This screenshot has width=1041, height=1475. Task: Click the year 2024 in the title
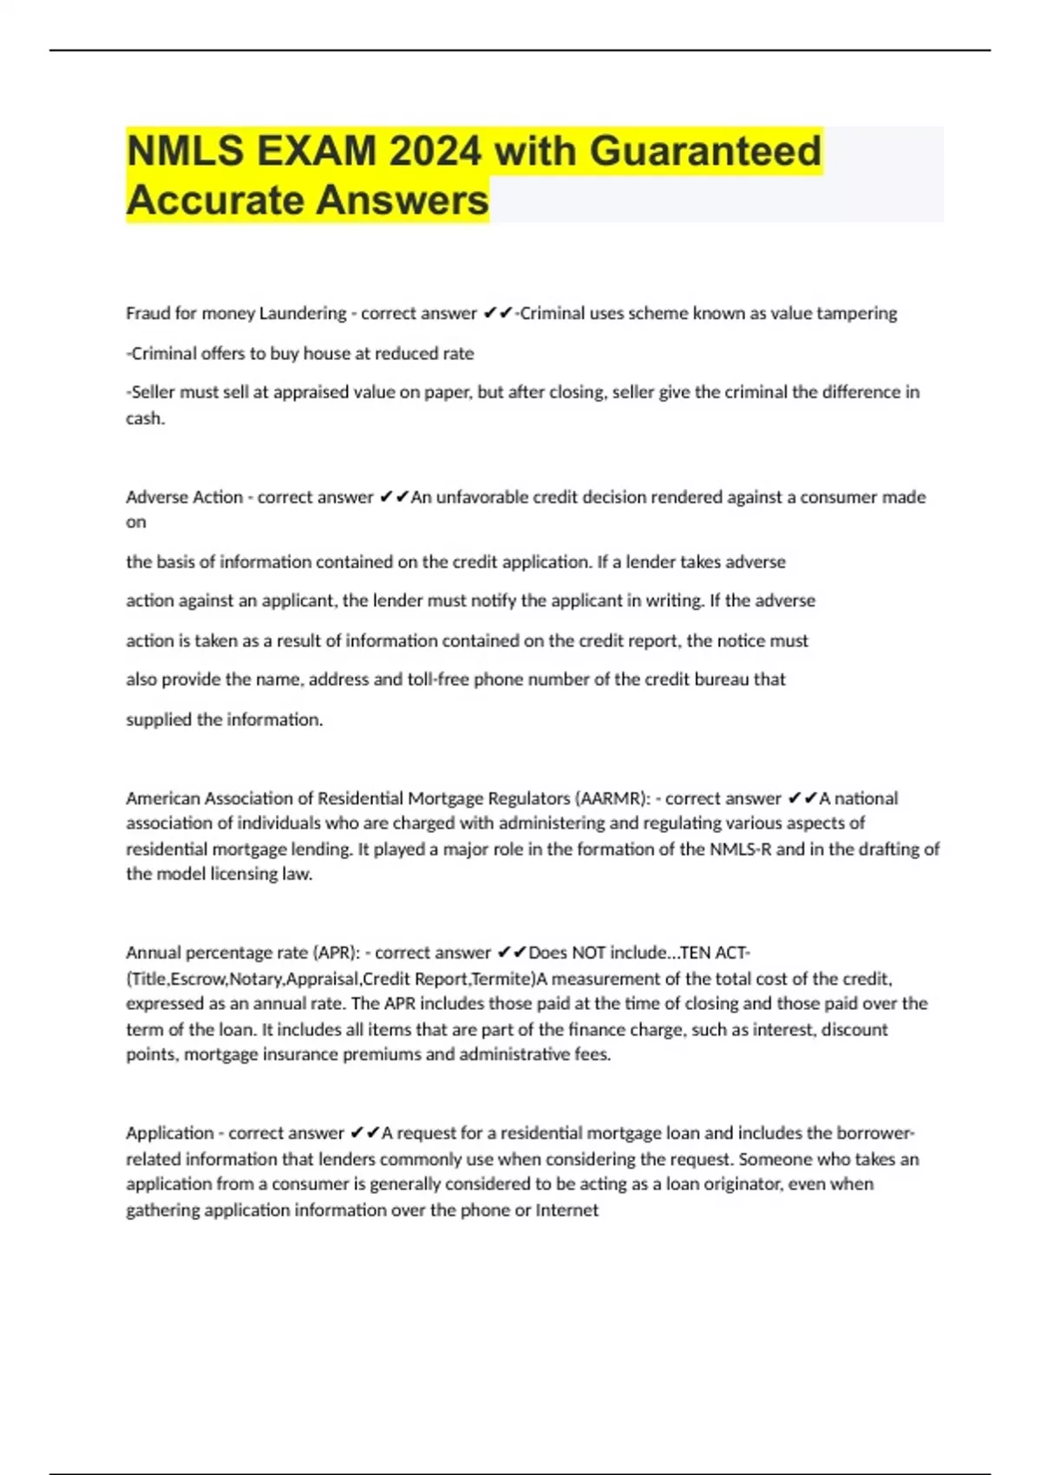435,151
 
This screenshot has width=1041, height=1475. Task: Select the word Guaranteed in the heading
705,151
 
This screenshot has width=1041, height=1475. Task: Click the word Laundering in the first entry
303,313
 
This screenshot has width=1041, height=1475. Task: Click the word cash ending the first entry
143,418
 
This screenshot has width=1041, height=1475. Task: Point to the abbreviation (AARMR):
612,798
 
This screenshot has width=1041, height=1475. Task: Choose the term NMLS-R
740,849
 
